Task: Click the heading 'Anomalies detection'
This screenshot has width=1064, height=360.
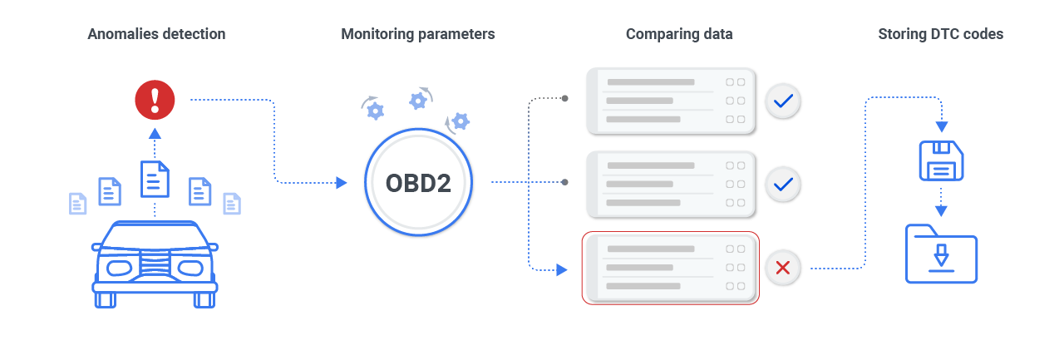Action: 156,34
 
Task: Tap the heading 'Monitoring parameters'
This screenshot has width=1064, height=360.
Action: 418,34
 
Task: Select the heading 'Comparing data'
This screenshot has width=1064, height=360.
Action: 679,34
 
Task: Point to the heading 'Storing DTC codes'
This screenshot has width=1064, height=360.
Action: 940,34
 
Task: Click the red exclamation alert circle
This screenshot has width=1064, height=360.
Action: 155,100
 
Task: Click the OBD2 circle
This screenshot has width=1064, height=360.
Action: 418,183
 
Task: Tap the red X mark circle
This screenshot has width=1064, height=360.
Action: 782,268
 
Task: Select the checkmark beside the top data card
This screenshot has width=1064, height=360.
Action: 782,101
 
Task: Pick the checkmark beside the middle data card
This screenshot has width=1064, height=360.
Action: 782,185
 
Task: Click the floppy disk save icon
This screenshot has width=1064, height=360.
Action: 940,160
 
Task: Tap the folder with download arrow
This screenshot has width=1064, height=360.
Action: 941,254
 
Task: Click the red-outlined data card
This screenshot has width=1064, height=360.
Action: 671,268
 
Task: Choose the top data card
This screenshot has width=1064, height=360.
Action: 671,101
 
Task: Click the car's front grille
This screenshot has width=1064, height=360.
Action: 155,265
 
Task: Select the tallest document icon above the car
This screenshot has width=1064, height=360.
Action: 155,178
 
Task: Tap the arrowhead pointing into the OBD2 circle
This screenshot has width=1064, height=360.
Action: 341,183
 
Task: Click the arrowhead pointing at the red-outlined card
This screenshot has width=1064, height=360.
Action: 562,269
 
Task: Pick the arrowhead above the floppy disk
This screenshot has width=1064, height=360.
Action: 941,127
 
